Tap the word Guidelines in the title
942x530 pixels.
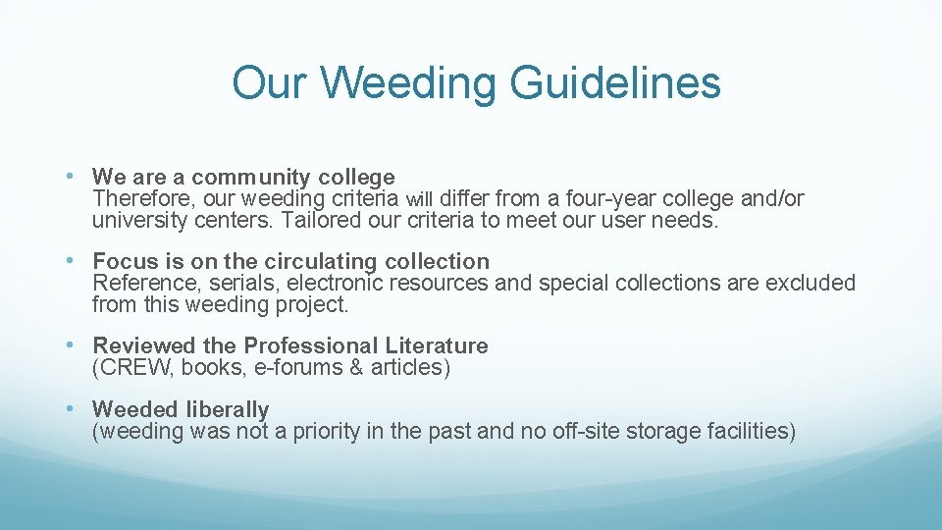pos(615,82)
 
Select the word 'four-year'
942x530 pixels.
pos(602,199)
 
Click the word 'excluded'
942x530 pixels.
pos(810,284)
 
